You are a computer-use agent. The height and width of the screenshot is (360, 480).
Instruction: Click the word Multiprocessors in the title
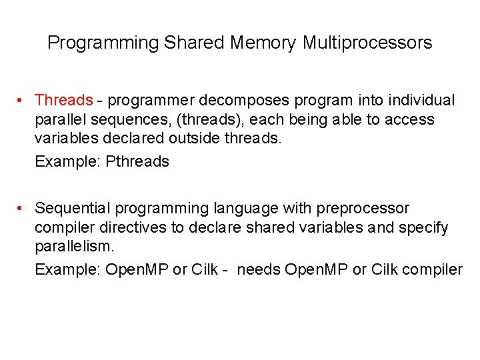[x=367, y=43]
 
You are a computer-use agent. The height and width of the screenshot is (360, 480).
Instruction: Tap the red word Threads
[x=63, y=101]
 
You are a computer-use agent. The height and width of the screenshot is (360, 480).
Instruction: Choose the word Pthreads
[x=137, y=161]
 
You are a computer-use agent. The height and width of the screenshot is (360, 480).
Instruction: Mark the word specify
[x=423, y=228]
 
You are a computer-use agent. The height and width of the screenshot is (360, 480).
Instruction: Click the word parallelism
[x=75, y=247]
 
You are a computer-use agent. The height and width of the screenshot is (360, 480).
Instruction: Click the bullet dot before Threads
[x=22, y=101]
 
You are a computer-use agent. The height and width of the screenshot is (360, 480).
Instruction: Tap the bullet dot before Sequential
[x=22, y=209]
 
